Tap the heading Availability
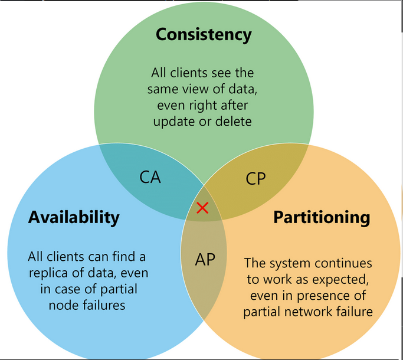tap(74, 217)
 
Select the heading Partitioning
tap(321, 217)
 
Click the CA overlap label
tap(150, 177)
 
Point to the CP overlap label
tap(256, 178)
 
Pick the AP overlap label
tap(205, 260)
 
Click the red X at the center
tap(202, 208)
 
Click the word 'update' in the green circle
tap(173, 122)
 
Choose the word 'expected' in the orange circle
tap(335, 279)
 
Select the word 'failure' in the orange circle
tap(355, 312)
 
